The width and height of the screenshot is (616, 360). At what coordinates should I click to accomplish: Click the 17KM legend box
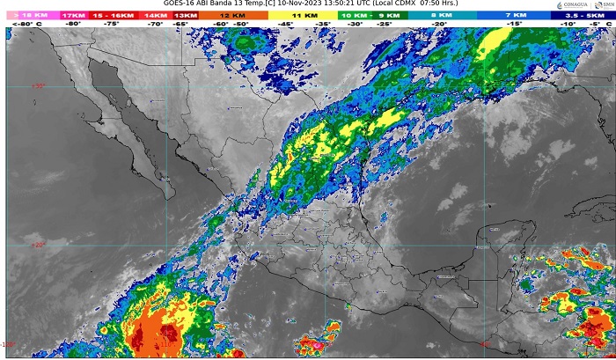pyautogui.click(x=73, y=15)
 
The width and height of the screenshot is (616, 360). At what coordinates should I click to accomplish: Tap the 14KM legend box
pyautogui.click(x=155, y=15)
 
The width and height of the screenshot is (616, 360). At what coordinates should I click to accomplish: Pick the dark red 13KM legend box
pyautogui.click(x=185, y=15)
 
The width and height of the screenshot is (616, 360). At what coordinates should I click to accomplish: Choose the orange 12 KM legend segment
pyautogui.click(x=233, y=15)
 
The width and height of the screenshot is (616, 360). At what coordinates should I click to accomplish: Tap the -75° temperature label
pyautogui.click(x=112, y=24)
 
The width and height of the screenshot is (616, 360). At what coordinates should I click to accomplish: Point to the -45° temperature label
pyautogui.click(x=287, y=24)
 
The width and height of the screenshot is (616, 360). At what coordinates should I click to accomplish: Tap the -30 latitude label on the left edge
pyautogui.click(x=38, y=85)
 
